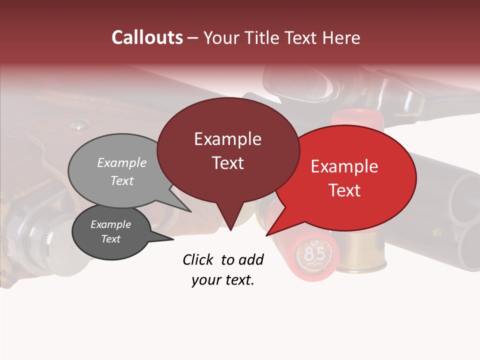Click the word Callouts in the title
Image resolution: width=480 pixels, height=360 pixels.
coord(147,37)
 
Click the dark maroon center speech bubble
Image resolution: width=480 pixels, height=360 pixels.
coord(227,185)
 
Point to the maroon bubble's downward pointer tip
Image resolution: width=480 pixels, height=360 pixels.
coord(230,230)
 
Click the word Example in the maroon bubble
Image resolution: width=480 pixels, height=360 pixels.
coord(227,139)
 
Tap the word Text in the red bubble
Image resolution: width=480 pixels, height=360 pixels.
coord(345,190)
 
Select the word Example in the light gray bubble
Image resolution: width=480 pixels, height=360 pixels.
coord(121,162)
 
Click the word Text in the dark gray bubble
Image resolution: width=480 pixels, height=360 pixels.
coord(110,239)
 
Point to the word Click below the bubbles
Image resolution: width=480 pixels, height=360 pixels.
coord(198,259)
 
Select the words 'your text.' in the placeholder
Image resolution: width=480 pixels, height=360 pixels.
coord(223,280)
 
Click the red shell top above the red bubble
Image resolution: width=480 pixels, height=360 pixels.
coord(357,118)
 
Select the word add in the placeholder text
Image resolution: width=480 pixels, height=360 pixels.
coord(251,259)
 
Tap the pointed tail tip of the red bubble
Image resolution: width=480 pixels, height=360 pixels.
coord(266,235)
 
